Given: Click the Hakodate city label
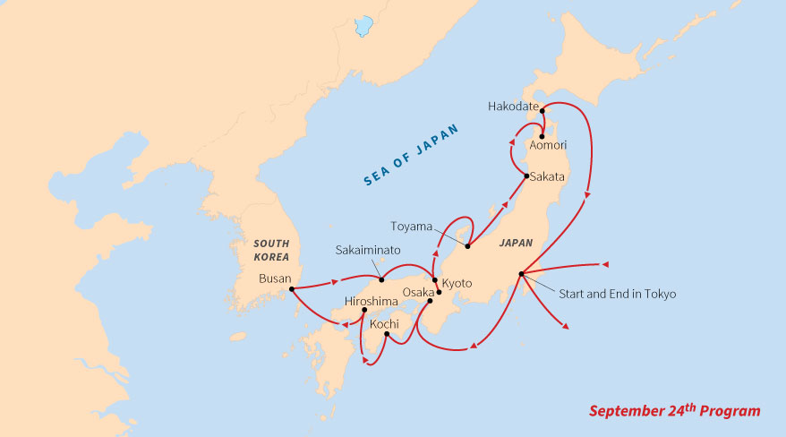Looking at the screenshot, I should coord(513,106).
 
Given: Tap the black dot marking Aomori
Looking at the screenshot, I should coord(543,136).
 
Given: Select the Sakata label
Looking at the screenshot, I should coord(547,176).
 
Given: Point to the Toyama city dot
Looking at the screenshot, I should coord(467,245).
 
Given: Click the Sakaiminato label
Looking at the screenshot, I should coord(368,250).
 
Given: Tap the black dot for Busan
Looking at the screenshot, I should coord(292,288).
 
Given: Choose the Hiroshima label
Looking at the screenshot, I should coord(371,302).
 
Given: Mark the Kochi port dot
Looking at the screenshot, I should coord(386,335).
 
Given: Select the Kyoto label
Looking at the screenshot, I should coord(457,283).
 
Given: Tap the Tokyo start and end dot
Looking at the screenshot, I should coord(520,273).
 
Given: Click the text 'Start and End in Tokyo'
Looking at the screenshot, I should coord(618,294).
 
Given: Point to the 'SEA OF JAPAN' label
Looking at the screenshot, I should coord(411,154).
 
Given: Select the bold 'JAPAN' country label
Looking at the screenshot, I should coord(517,242).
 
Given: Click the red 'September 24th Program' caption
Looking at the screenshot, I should coord(674,411).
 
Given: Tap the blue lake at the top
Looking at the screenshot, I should coord(363,27).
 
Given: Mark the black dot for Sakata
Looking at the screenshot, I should coord(525,176).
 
